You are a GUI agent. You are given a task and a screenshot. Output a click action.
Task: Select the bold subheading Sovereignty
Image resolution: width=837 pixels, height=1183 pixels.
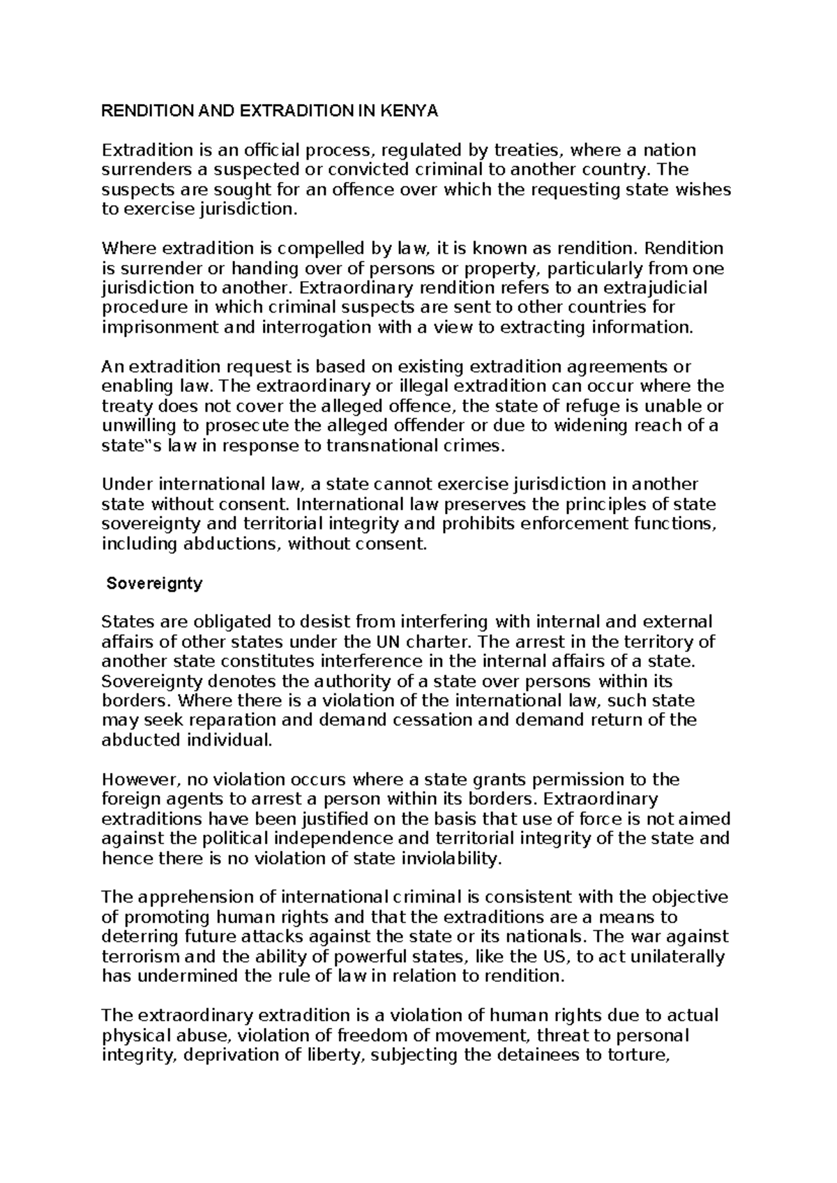click(154, 584)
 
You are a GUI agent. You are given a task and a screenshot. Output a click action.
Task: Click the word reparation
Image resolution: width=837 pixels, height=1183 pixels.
click(229, 721)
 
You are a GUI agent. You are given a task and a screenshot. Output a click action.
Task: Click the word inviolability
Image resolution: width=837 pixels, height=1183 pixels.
click(451, 859)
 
